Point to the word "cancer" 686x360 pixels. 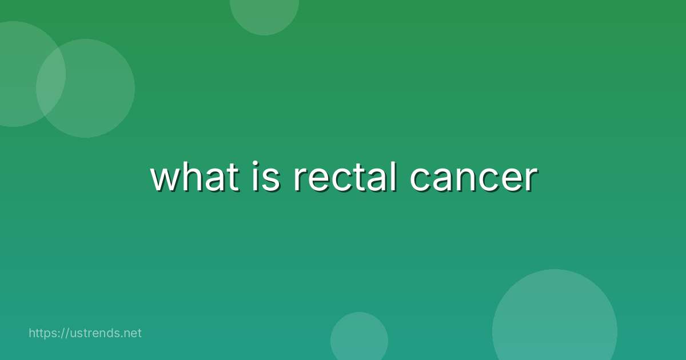pos(473,178)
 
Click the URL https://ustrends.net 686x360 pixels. pos(85,333)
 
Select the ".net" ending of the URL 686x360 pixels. pos(131,333)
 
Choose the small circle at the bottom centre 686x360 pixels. pos(359,338)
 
